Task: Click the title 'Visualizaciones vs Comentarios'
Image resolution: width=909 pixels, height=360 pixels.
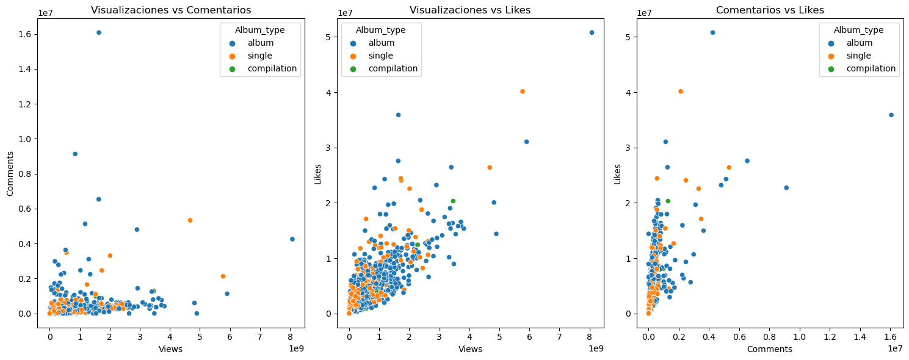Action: (170, 10)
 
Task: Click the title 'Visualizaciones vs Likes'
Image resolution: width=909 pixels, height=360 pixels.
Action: (469, 10)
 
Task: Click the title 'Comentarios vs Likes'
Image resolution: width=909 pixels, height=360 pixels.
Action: (769, 10)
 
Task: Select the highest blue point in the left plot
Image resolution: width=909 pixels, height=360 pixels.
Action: (99, 32)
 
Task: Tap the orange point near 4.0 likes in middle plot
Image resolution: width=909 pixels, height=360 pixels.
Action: (522, 92)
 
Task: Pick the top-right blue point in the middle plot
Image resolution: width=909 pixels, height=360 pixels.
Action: (592, 32)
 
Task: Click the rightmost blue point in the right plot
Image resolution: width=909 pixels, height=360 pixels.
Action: (891, 115)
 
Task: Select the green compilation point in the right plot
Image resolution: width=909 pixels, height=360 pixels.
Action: (668, 201)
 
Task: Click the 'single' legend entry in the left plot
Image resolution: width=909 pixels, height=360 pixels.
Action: (259, 56)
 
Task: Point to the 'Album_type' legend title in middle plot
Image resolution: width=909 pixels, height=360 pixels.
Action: (380, 30)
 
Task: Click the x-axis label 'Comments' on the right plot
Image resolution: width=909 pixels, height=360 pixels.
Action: (769, 349)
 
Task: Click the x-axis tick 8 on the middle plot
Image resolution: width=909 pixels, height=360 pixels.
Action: (590, 335)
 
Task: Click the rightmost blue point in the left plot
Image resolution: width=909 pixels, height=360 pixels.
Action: (292, 239)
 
